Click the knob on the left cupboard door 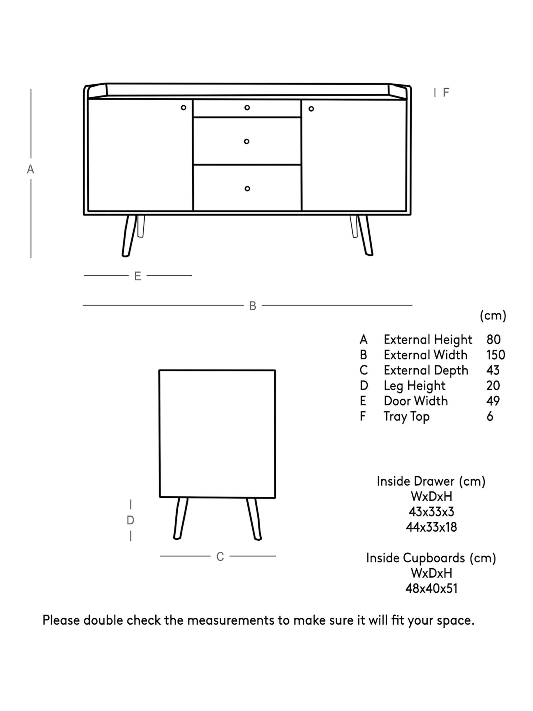point(183,108)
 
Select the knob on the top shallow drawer point(247,108)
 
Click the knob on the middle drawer point(246,141)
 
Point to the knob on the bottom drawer point(247,189)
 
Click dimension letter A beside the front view point(31,169)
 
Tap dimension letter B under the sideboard point(253,306)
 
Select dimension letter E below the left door point(137,276)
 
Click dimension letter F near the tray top point(446,93)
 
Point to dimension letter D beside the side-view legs point(130,520)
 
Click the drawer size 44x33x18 point(431,527)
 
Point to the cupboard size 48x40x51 point(431,588)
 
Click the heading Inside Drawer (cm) point(431,481)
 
